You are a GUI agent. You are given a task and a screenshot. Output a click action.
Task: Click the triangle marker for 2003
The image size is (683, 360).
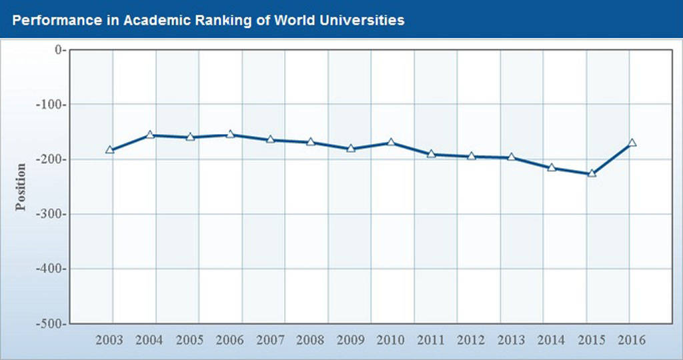[110, 150]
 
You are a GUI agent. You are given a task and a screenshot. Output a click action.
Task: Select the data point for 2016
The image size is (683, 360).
[632, 143]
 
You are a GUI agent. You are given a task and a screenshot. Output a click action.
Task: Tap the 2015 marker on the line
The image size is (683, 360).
[592, 174]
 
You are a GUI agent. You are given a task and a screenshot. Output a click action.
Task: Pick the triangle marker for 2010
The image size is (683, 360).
[391, 143]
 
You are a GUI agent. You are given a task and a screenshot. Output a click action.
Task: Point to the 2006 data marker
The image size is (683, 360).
[230, 135]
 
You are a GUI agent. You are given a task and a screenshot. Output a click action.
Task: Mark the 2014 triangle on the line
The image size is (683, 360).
[552, 167]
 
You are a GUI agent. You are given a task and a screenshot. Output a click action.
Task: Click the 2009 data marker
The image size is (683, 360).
[351, 149]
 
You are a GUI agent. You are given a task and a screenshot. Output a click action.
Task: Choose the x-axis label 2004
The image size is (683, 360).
[149, 340]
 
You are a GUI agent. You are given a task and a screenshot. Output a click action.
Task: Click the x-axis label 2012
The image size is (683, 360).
[471, 340]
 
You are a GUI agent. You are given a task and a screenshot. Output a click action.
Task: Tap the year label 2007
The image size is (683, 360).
[270, 340]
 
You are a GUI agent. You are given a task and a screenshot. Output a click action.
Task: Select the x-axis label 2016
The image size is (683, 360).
[632, 340]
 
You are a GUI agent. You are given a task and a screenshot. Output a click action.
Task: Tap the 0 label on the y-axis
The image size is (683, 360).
[58, 50]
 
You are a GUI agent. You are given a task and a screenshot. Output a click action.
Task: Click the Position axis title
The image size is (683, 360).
[21, 187]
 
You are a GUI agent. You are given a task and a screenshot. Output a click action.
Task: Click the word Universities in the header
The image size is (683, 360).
[364, 20]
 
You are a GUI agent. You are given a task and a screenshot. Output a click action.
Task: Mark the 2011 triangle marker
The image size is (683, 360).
[431, 155]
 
